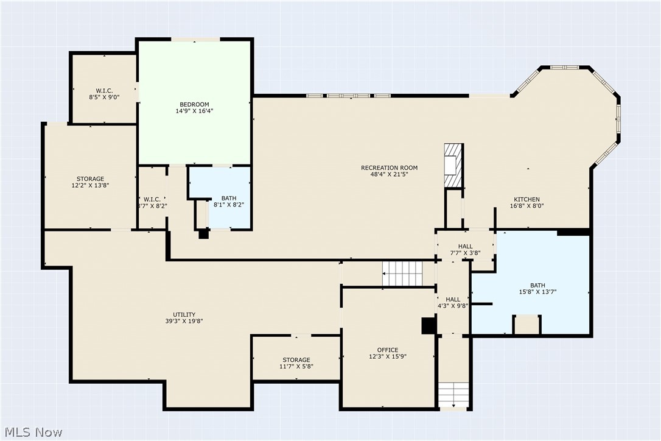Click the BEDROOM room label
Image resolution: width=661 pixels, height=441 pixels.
click(194, 105)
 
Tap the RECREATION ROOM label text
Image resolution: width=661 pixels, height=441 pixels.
click(389, 168)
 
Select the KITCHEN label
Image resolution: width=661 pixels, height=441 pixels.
click(526, 200)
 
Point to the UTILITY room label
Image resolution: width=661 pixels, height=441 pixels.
click(184, 314)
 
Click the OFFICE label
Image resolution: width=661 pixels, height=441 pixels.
click(388, 350)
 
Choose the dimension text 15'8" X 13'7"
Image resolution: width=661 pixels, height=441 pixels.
click(537, 292)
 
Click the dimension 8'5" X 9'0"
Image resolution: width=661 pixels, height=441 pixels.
click(104, 97)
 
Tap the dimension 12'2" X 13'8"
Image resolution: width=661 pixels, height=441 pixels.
click(90, 185)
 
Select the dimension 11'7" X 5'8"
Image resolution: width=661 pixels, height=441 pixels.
click(296, 366)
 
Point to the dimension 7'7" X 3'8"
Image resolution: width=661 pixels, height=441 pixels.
click(466, 253)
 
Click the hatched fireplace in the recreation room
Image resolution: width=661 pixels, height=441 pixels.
click(453, 166)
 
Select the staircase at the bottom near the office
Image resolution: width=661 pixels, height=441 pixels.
click(453, 395)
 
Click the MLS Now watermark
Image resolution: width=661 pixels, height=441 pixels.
click(33, 432)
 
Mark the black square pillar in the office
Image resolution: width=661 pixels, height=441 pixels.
click(429, 326)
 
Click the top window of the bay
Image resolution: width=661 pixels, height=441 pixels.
click(565, 67)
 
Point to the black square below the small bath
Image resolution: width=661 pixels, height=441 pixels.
click(204, 234)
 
